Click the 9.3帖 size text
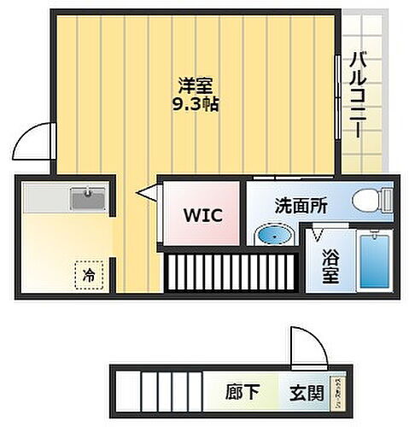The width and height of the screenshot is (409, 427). click(195, 106)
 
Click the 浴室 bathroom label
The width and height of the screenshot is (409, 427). click(330, 266)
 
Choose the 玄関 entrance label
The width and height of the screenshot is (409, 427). click(307, 394)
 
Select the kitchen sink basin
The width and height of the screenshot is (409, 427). click(88, 200)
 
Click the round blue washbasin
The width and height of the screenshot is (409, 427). click(273, 234)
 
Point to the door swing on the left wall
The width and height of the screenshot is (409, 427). click(38, 140)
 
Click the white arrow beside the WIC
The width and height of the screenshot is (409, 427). click(147, 196)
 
